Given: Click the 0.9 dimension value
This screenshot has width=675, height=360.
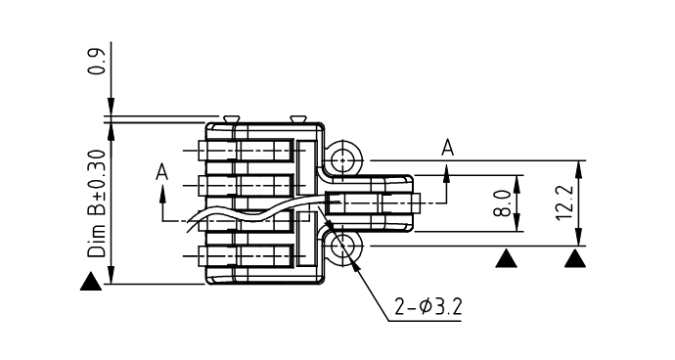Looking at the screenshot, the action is (x=97, y=62).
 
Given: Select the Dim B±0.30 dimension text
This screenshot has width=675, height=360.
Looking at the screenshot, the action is (x=97, y=203).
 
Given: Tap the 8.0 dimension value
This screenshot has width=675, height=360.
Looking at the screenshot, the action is (x=503, y=202).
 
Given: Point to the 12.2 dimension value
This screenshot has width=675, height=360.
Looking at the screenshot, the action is (x=564, y=202).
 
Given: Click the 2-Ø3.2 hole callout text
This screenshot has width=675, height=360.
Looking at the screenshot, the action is (x=428, y=307).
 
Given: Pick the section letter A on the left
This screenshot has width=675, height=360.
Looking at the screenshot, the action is (x=161, y=173).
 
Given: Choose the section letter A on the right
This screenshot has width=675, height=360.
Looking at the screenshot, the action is (x=448, y=148).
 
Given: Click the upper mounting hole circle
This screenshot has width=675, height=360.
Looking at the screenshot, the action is (x=342, y=160).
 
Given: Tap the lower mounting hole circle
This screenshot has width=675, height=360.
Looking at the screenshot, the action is (x=342, y=246).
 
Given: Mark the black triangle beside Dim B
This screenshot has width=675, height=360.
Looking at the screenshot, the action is (x=91, y=282).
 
